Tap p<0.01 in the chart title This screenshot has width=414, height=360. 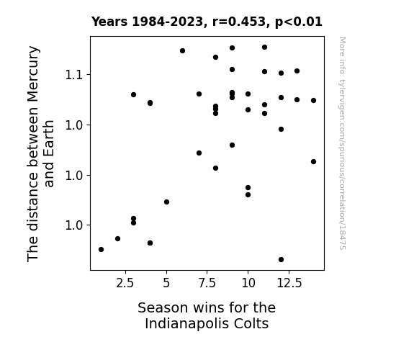[x=299, y=22]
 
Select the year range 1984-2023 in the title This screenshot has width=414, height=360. [x=167, y=22]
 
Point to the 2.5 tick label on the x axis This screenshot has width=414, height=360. [x=125, y=283]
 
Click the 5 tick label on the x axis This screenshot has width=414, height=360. [x=166, y=283]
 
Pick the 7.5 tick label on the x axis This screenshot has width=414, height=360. [x=207, y=283]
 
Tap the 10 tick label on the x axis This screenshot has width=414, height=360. [x=248, y=283]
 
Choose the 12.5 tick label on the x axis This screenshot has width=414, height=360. [x=289, y=283]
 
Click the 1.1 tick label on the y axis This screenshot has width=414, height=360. [x=74, y=75]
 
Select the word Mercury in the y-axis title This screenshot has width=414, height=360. [x=33, y=74]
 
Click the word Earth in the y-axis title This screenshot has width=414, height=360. [x=49, y=136]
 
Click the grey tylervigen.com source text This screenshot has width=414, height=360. [x=342, y=143]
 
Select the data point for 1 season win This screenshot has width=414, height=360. [x=101, y=250]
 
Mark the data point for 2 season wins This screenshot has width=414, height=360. [x=118, y=239]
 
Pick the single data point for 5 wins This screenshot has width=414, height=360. [x=166, y=202]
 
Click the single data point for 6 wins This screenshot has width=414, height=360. [x=182, y=50]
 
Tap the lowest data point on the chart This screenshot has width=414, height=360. [x=282, y=260]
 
